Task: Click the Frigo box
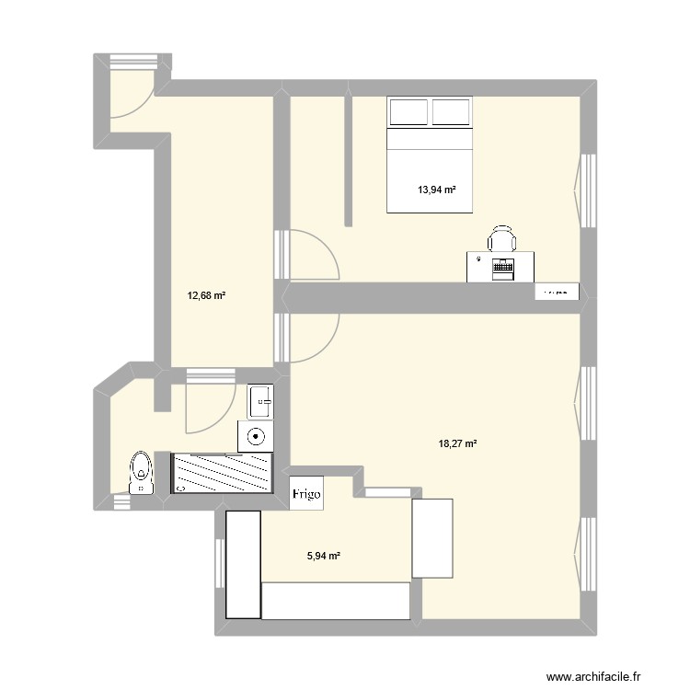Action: (x=306, y=493)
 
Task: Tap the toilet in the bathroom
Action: (x=141, y=471)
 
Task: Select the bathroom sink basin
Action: (x=260, y=401)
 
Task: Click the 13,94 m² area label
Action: (x=437, y=190)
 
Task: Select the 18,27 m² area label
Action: (x=457, y=443)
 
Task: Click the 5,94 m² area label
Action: (x=323, y=556)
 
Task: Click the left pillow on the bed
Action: (x=409, y=112)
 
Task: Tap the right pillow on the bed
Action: (x=452, y=112)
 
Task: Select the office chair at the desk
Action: (x=501, y=238)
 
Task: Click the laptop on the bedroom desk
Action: (x=502, y=269)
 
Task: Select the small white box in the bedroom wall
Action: (x=558, y=292)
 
